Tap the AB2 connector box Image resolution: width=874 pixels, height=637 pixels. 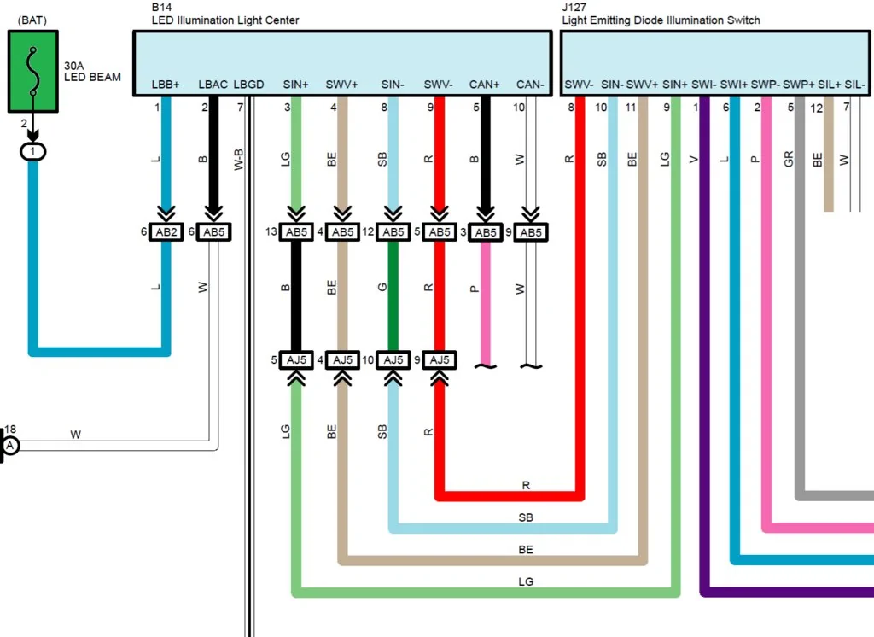(x=166, y=232)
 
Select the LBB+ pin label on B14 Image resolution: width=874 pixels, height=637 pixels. (x=166, y=85)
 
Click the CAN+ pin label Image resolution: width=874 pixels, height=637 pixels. (x=485, y=85)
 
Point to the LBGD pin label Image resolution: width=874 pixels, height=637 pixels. (x=248, y=85)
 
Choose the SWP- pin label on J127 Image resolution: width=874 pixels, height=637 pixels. (x=765, y=85)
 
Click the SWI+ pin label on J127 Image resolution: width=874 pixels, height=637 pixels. (x=733, y=85)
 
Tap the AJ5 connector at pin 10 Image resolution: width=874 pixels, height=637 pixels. (x=393, y=360)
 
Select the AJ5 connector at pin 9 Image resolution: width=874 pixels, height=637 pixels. (x=440, y=360)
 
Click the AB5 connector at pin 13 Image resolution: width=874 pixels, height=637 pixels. (x=296, y=232)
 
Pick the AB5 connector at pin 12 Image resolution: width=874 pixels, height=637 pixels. (x=393, y=232)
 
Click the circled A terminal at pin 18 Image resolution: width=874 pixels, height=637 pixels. (x=11, y=446)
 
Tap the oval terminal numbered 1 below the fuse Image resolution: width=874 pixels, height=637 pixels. (x=32, y=151)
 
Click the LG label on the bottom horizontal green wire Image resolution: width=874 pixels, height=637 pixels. (x=526, y=581)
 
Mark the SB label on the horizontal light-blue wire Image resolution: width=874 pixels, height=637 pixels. (x=526, y=517)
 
